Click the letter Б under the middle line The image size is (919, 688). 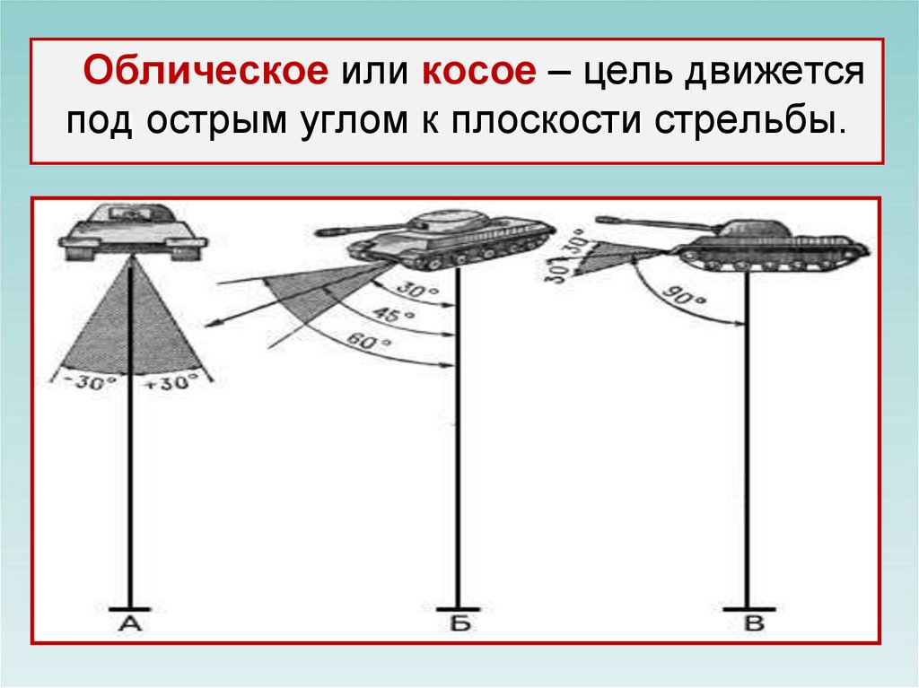459,624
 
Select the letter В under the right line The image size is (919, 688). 753,624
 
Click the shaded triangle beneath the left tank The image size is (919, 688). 132,327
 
